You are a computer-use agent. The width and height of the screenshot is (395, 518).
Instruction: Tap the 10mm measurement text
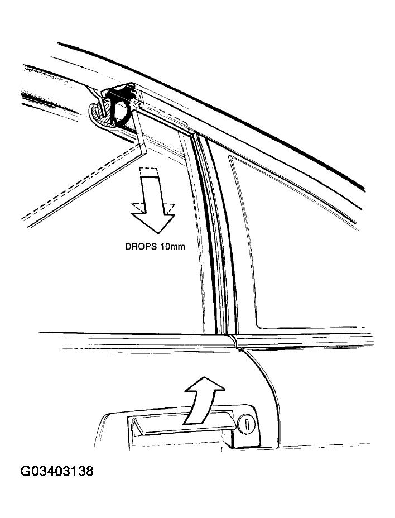pyautogui.click(x=173, y=247)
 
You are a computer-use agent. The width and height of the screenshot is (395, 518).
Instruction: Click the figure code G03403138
pyautogui.click(x=57, y=471)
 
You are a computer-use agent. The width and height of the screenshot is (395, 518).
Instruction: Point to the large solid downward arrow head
pyautogui.click(x=153, y=222)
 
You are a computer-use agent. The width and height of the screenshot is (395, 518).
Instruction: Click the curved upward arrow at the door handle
pyautogui.click(x=202, y=400)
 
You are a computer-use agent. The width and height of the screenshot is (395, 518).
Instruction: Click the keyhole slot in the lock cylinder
pyautogui.click(x=245, y=423)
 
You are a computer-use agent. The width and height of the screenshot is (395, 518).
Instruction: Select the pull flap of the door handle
pyautogui.click(x=184, y=425)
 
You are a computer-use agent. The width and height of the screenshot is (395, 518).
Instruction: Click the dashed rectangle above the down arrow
pyautogui.click(x=148, y=172)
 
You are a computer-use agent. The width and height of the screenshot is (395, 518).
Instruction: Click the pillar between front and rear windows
pyautogui.click(x=216, y=231)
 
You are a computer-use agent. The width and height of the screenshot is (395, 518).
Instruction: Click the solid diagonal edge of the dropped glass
pyautogui.click(x=86, y=186)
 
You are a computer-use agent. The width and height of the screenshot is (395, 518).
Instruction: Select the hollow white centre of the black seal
pyautogui.click(x=121, y=109)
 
